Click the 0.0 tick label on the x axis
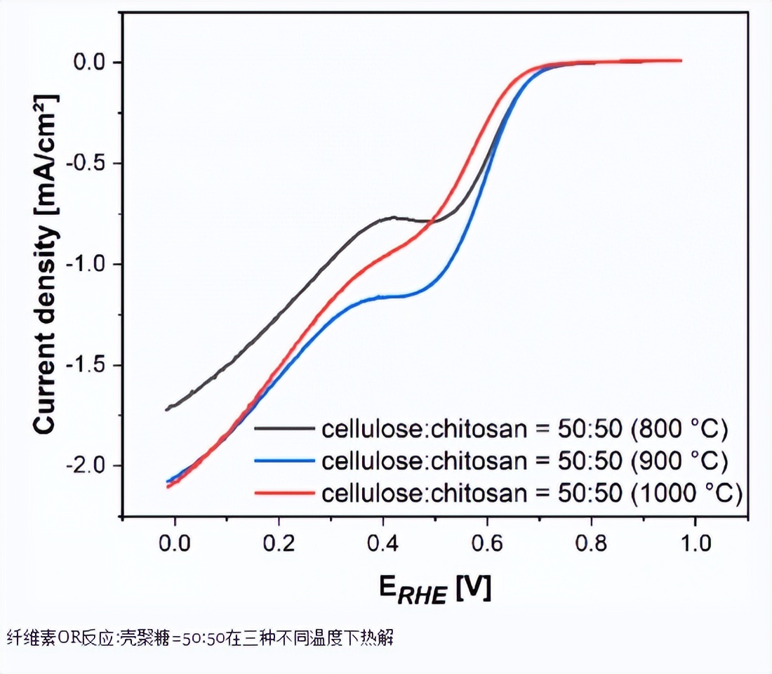pos(175,543)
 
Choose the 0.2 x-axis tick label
pos(279,543)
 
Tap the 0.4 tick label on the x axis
pos(382,543)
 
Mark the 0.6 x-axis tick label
pos(486,543)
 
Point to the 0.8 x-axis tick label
pos(590,543)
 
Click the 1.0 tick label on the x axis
pos(694,543)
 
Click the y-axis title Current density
pos(44,263)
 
